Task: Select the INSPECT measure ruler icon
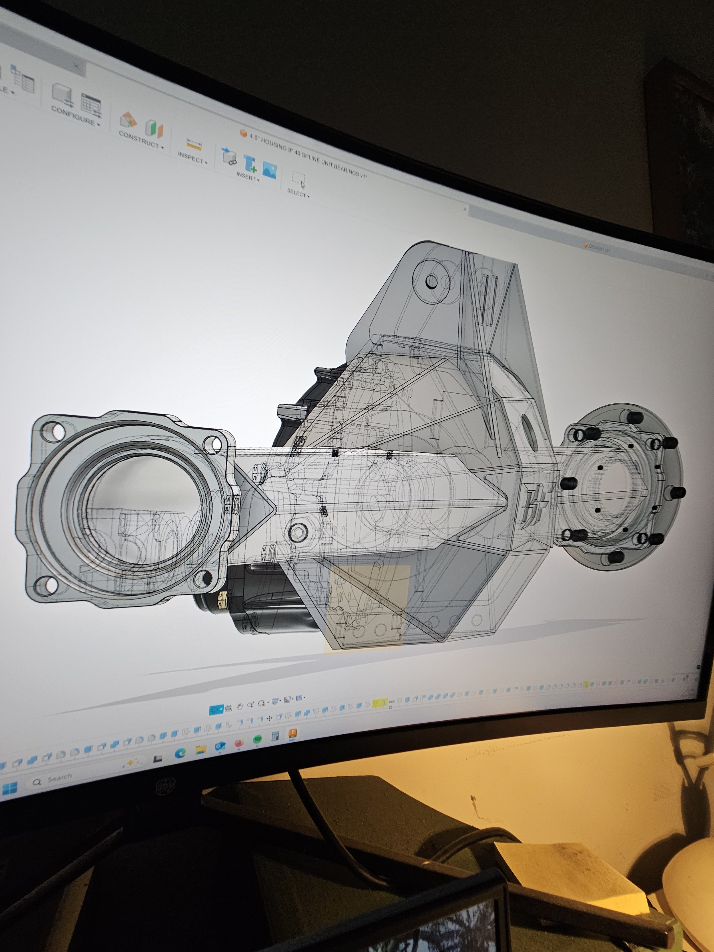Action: pos(194,144)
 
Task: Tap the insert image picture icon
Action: pos(269,170)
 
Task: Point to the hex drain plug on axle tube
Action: pos(298,532)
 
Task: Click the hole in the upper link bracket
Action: pos(432,282)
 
